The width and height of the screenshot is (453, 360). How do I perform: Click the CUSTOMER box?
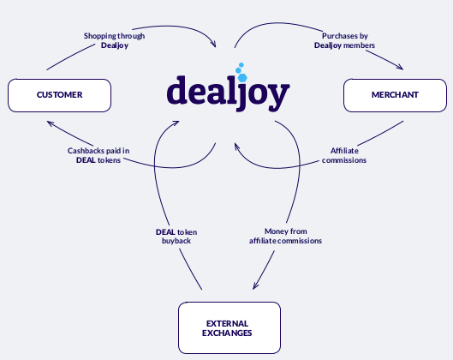pyautogui.click(x=59, y=95)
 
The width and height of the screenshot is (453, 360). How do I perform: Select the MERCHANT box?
pyautogui.click(x=395, y=95)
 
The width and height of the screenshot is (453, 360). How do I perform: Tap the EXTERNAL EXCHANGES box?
pyautogui.click(x=229, y=327)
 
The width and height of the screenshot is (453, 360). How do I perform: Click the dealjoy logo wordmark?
pyautogui.click(x=229, y=93)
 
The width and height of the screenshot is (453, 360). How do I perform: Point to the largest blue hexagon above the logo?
pyautogui.click(x=242, y=77)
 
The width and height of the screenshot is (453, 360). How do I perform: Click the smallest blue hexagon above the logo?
pyautogui.click(x=241, y=65)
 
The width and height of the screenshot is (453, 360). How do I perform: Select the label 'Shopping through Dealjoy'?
pyautogui.click(x=115, y=40)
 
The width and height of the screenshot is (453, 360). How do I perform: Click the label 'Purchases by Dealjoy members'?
pyautogui.click(x=344, y=40)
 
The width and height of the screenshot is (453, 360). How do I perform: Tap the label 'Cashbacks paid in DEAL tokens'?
pyautogui.click(x=98, y=155)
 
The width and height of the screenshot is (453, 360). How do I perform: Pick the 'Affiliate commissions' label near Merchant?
pyautogui.click(x=344, y=155)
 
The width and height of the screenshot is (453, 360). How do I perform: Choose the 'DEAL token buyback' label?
pyautogui.click(x=176, y=237)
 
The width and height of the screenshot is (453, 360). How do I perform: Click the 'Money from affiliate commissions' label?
pyautogui.click(x=285, y=236)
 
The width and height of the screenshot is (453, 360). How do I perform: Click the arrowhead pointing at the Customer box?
pyautogui.click(x=50, y=123)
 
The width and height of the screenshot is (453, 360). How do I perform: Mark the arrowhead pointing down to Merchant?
pyautogui.click(x=400, y=68)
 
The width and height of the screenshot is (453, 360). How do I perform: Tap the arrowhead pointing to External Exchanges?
pyautogui.click(x=255, y=285)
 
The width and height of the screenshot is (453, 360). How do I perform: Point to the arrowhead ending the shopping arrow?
pyautogui.click(x=213, y=44)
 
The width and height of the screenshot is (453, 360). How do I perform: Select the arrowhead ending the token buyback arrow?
pyautogui.click(x=176, y=123)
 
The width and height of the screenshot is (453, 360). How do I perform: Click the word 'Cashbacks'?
pyautogui.click(x=83, y=151)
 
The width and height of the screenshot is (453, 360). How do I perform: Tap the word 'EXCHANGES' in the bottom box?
pyautogui.click(x=227, y=333)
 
